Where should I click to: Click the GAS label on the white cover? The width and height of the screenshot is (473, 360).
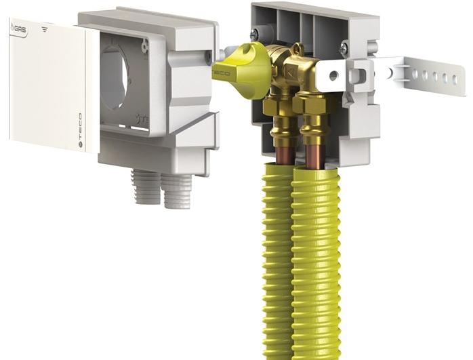(18, 29)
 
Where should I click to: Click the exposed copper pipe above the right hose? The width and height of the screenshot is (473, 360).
(314, 154)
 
